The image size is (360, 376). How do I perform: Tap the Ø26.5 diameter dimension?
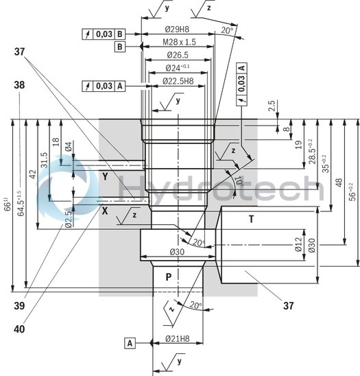point(178,55)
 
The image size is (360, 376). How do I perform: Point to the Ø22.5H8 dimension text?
point(178,82)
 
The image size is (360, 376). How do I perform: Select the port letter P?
point(168,277)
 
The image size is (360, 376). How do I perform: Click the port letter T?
point(252,220)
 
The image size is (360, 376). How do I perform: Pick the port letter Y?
point(106,177)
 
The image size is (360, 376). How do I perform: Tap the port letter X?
point(105,211)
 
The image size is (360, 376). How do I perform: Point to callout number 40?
point(20,329)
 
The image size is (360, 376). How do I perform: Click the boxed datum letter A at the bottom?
point(130,341)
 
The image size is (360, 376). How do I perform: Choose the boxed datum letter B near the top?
point(119,47)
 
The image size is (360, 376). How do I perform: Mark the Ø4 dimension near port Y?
point(68,147)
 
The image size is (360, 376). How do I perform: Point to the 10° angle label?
point(240,181)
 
